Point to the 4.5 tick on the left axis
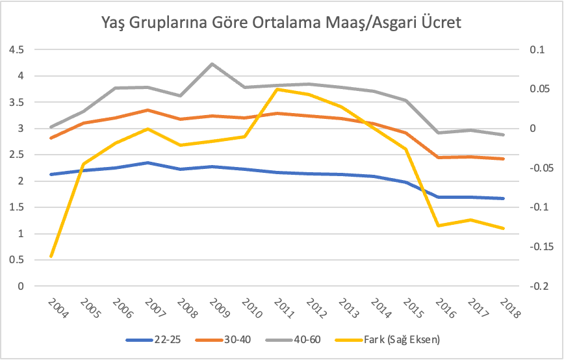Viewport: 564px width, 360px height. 18,50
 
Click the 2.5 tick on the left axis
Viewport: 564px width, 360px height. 18,155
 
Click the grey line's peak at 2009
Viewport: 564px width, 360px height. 212,64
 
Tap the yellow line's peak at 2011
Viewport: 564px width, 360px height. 277,89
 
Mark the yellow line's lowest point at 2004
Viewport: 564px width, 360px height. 51,256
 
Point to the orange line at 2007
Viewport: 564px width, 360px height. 148,110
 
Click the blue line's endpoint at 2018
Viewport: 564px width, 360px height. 504,198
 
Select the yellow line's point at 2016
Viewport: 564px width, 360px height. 439,225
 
